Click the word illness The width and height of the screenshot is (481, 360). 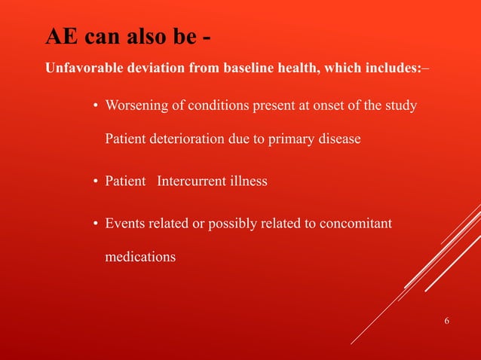[248, 182]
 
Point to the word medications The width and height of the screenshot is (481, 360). [140, 257]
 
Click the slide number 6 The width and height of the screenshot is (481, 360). [447, 322]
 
